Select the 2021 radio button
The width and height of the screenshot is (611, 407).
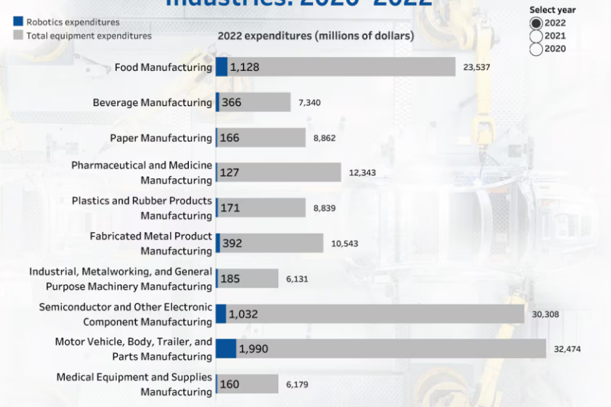coord(536,36)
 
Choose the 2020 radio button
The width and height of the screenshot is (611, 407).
coord(536,49)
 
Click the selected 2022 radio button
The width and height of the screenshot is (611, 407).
coord(536,23)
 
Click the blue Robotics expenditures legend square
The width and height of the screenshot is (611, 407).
coord(18,22)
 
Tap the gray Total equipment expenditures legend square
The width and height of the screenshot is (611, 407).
coord(18,35)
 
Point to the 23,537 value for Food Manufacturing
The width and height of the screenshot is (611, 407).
coord(476,67)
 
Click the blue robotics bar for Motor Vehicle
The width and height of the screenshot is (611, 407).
coord(226,348)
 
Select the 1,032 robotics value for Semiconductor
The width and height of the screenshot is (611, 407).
coord(243,314)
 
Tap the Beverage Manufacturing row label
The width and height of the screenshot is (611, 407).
coord(152,102)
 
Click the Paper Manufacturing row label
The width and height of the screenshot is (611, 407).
coord(161,138)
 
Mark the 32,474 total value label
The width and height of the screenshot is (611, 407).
coord(567,349)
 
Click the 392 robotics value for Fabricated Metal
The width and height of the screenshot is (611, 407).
coord(232,244)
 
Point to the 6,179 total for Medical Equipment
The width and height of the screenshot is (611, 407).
coord(297,385)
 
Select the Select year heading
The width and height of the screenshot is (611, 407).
coord(552,10)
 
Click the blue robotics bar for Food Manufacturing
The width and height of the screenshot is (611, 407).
coord(221,66)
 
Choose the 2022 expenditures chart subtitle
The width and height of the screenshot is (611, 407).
coord(315,36)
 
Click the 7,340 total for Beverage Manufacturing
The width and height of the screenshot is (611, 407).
coord(309,102)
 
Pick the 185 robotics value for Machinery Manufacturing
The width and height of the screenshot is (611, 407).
coord(231,279)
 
